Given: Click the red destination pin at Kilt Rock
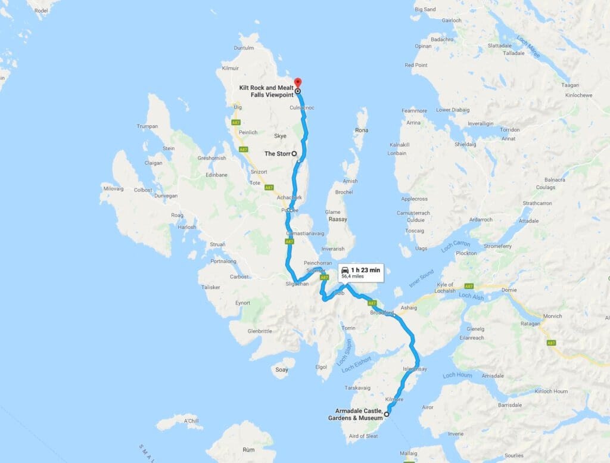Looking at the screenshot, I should click(298, 82).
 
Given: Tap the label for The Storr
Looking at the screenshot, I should click(277, 154).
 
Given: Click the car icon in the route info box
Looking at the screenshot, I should click(345, 270).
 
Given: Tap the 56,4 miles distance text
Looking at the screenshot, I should click(354, 276).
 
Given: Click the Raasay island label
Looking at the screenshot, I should click(337, 219).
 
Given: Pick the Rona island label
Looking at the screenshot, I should click(361, 130).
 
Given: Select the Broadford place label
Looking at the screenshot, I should click(381, 312).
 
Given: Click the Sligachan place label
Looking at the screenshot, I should click(297, 284).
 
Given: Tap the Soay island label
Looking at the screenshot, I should click(282, 369).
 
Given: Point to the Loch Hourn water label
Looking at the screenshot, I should click(457, 375).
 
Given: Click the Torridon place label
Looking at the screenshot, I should click(510, 129).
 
